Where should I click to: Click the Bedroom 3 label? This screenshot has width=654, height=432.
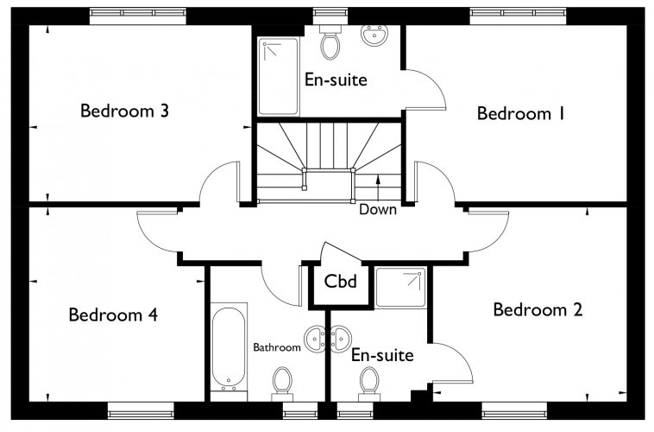click(124, 111)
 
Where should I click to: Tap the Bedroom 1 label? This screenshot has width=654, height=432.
click(521, 113)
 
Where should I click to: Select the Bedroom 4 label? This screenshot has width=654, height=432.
click(113, 314)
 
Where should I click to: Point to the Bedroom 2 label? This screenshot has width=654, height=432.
click(538, 309)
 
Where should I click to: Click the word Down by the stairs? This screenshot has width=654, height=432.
click(378, 209)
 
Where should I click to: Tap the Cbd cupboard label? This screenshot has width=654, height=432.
click(340, 281)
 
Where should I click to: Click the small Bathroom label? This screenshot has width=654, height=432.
click(277, 347)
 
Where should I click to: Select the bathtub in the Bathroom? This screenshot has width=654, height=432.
click(228, 348)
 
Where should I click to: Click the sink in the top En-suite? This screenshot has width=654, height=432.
click(374, 35)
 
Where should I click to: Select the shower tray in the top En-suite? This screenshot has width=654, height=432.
click(278, 76)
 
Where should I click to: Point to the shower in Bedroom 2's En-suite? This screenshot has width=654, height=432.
click(401, 288)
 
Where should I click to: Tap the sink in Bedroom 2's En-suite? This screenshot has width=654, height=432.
click(341, 339)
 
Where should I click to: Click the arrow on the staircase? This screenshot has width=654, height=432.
click(378, 189)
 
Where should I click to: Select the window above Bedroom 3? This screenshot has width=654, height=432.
click(138, 16)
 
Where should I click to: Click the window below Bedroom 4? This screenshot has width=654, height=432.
click(141, 410)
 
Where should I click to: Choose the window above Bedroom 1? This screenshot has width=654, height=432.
click(519, 16)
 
